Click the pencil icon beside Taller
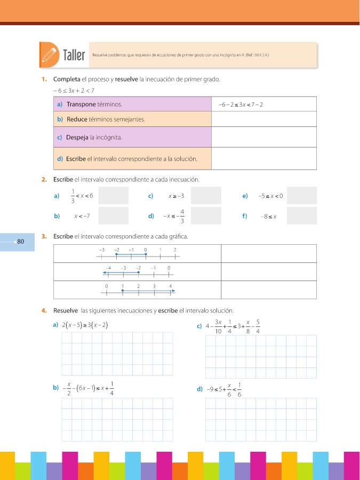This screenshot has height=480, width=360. (49, 55)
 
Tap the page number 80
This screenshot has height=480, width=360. (21, 242)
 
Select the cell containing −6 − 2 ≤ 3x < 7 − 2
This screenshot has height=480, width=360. (241, 105)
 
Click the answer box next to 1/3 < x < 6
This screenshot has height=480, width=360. (114, 196)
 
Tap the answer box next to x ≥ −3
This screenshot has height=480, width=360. (206, 196)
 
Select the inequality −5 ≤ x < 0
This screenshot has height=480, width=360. (270, 196)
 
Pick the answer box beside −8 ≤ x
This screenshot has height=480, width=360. (301, 216)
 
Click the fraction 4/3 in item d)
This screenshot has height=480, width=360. (182, 216)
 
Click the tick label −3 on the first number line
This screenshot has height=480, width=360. (101, 249)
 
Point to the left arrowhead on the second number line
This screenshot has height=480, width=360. (105, 272)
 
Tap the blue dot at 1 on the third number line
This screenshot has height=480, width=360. (122, 291)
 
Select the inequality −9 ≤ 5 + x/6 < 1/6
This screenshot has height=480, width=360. (224, 389)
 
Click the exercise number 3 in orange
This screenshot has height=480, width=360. (43, 236)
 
